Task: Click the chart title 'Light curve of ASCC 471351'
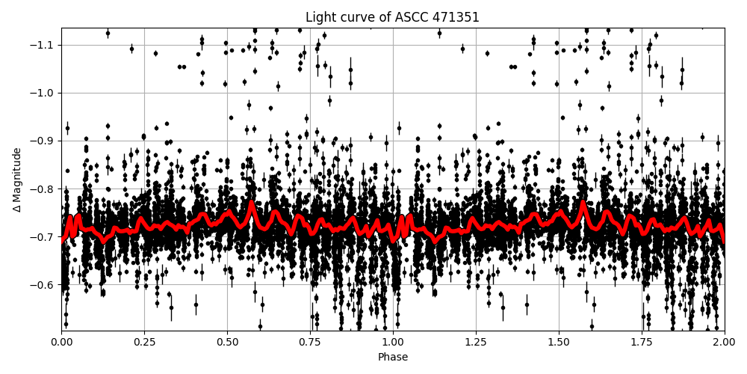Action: coord(392,17)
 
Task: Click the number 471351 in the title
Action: coord(453,17)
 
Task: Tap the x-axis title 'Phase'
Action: coord(392,358)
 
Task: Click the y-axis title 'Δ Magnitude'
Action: coord(17,180)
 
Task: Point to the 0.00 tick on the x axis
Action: coord(61,342)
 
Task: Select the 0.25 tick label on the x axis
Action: coord(144,342)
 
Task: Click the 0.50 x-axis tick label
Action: coord(227,342)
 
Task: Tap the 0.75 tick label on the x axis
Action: coord(310,342)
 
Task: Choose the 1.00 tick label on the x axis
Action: coord(393,342)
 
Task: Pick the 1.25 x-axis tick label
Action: coord(476,342)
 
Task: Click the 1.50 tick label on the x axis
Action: coord(559,342)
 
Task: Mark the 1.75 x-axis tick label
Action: coord(642,342)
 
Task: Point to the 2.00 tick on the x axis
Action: coord(724,342)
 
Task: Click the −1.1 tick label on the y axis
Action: coord(43,45)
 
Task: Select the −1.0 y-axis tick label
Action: coord(43,93)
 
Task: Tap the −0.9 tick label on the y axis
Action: coord(43,141)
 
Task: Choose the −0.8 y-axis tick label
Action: coord(43,188)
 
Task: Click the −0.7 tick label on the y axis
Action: coord(43,236)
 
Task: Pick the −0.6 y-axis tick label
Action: coord(43,284)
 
